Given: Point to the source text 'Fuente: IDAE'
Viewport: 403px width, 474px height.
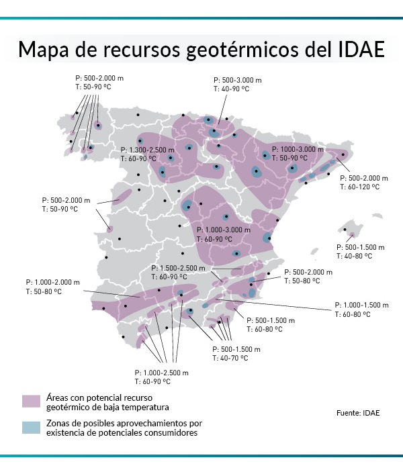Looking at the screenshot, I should (358, 412).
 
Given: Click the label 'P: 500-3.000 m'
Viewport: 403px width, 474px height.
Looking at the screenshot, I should (238, 79).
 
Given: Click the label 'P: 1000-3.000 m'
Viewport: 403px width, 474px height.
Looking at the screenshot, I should (298, 148).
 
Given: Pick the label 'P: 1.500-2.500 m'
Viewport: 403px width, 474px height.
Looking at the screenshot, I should (179, 268).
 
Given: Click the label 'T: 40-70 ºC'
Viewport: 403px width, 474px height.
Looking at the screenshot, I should (230, 359).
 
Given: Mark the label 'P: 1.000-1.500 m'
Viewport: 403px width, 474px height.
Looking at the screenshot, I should (361, 304).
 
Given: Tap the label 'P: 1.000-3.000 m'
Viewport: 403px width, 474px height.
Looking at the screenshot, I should (224, 230).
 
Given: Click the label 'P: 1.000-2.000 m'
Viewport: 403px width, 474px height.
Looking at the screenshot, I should (52, 283).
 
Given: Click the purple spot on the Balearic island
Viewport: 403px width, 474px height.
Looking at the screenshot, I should (351, 234).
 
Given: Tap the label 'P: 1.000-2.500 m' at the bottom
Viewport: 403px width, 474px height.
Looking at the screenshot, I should (161, 373).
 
